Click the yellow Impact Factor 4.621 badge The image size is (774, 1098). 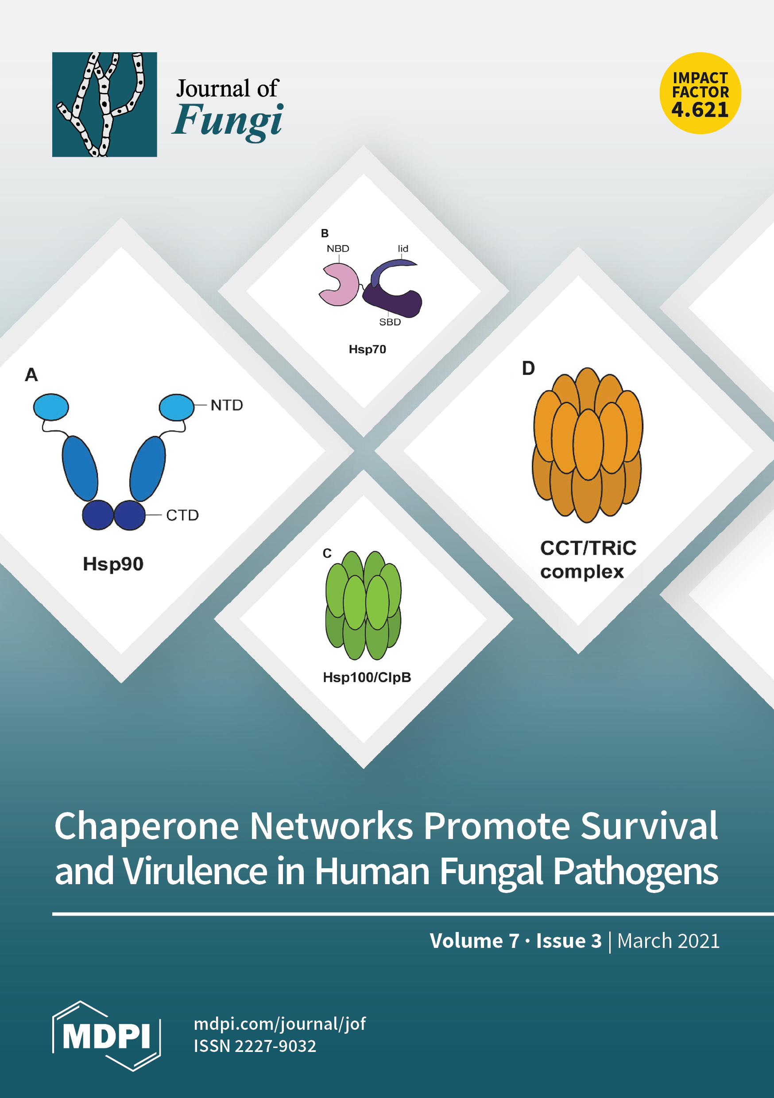[700, 93]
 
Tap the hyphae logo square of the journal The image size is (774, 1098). [104, 104]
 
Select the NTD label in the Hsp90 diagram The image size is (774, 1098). [226, 405]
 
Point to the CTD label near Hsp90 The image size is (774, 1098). [182, 515]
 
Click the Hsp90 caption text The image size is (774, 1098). [113, 564]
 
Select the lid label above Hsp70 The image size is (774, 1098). [403, 249]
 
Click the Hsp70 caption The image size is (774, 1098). [367, 349]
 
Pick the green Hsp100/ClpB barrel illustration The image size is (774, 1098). [363, 605]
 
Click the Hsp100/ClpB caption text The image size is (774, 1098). [367, 677]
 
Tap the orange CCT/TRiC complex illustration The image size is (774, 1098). [588, 445]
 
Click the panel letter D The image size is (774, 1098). [528, 368]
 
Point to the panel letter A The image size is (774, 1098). [31, 375]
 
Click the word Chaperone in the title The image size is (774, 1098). [147, 826]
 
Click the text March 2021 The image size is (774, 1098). [668, 941]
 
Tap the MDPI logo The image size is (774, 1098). [106, 1036]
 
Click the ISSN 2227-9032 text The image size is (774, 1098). [255, 1046]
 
